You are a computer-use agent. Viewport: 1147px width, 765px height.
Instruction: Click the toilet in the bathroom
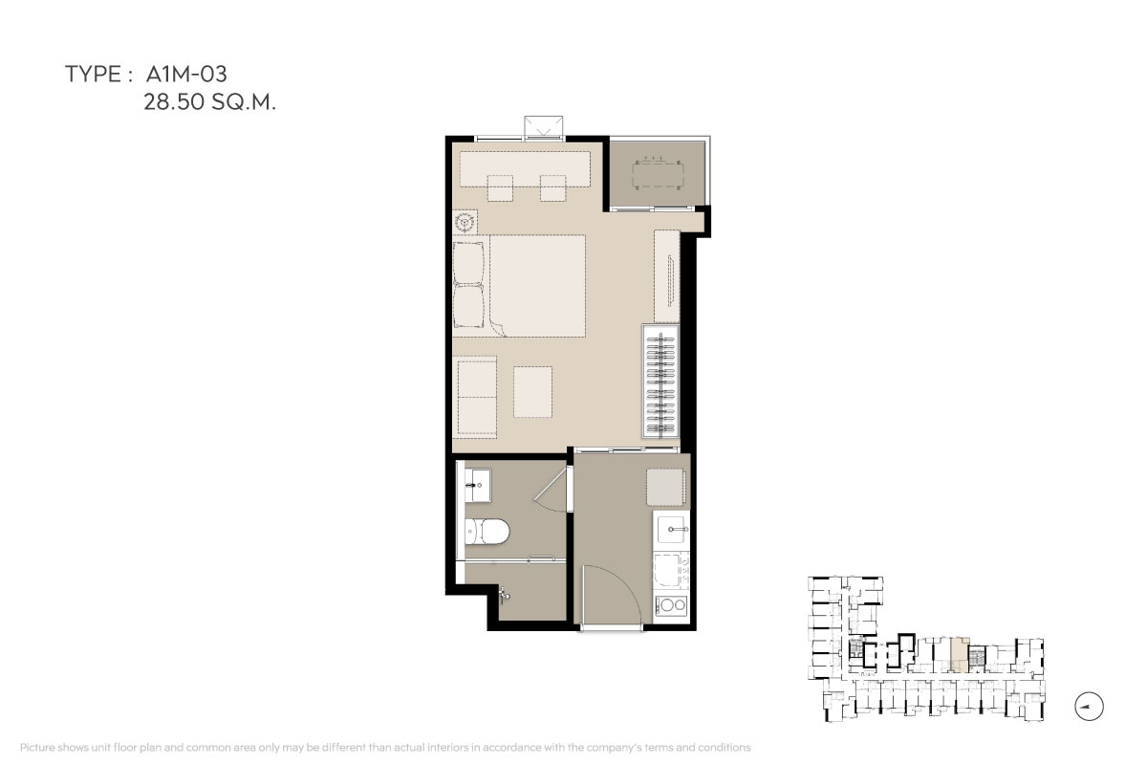click(x=487, y=532)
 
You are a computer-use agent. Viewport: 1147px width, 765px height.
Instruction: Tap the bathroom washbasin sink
click(x=478, y=485)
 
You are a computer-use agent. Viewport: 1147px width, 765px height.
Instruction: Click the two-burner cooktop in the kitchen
click(x=672, y=605)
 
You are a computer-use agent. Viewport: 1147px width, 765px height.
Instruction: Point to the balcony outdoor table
click(x=658, y=176)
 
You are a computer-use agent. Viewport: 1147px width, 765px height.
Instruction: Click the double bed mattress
click(x=536, y=285)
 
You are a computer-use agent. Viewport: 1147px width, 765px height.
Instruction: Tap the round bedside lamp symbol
click(x=465, y=223)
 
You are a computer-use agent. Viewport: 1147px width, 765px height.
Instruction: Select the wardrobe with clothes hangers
click(x=661, y=382)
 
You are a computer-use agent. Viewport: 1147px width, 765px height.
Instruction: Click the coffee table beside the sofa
click(x=533, y=391)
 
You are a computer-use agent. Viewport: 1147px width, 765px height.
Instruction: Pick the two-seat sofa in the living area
click(x=476, y=398)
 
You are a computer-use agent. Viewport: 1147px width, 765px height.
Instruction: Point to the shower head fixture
click(x=504, y=594)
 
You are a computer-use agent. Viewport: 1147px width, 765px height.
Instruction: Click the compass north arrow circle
click(x=1089, y=707)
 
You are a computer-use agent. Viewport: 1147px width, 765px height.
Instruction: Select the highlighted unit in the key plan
click(x=960, y=654)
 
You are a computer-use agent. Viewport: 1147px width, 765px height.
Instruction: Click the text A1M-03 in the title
click(x=186, y=75)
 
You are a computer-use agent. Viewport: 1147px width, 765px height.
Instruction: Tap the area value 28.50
click(x=174, y=102)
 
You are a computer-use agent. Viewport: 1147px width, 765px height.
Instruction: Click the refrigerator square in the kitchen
click(x=665, y=488)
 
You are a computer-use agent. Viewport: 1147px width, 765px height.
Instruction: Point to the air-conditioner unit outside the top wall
click(x=543, y=127)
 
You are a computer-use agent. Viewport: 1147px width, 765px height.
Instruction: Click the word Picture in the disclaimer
click(x=37, y=747)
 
